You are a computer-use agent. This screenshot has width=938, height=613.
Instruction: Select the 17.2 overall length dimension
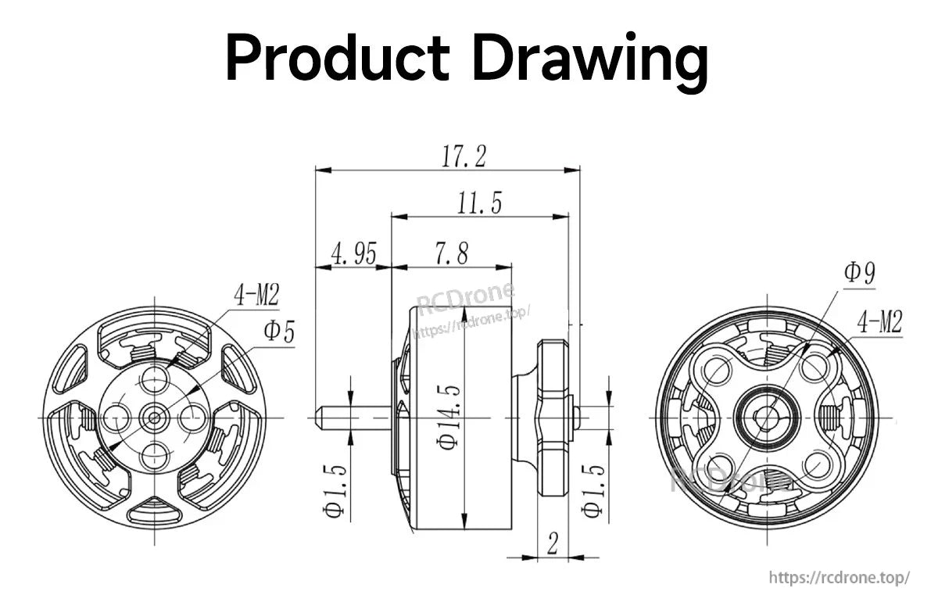464,156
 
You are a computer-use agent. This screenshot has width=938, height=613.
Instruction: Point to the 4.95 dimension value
353,254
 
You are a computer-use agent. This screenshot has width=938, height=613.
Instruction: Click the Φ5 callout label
278,332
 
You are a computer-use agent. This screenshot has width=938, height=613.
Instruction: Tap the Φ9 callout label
858,273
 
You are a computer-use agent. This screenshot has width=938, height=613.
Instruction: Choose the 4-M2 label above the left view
256,295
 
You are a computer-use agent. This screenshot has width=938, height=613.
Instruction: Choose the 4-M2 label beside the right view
879,321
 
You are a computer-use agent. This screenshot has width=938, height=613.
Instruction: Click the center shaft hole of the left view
154,418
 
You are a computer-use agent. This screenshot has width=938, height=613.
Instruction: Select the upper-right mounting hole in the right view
813,367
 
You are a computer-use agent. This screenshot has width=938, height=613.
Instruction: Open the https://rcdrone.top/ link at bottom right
839,578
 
